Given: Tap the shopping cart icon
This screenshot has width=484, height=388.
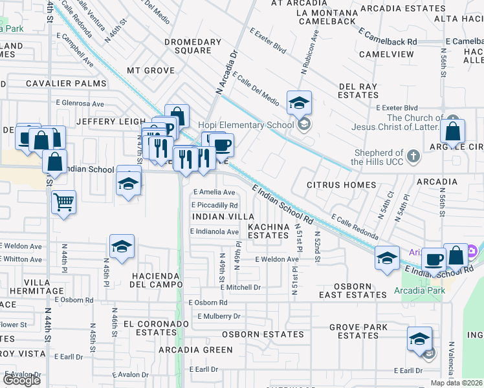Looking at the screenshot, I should point(63,202).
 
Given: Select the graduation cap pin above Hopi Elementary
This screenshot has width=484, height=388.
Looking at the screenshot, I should point(300,102).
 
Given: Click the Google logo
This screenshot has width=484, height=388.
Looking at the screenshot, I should point(21,380).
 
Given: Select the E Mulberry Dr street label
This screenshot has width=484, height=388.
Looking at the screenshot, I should point(219,316).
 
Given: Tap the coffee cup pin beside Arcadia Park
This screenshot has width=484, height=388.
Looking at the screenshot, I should point(434,259).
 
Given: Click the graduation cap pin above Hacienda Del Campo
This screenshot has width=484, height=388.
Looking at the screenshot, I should point(121,246).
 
